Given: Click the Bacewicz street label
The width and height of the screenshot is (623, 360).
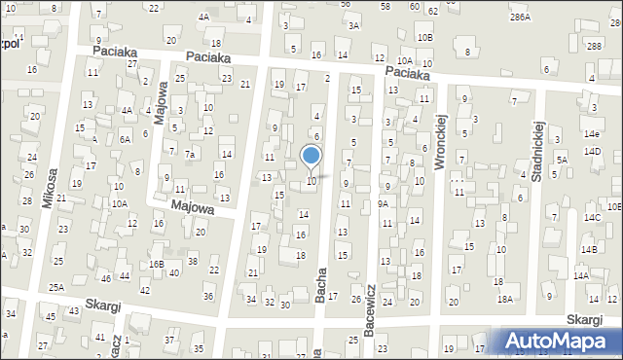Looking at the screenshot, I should [370, 310].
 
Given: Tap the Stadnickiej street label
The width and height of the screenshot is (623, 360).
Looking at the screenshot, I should [536, 150].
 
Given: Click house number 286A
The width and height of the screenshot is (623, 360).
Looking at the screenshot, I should [520, 18].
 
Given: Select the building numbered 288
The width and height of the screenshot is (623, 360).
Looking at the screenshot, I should [594, 47].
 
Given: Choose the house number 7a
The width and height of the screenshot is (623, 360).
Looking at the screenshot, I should [192, 154].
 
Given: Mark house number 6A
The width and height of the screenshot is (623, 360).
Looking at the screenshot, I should [125, 139].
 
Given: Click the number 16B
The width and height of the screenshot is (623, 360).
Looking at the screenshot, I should [156, 264].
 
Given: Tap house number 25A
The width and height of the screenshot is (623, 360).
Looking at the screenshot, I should [57, 287].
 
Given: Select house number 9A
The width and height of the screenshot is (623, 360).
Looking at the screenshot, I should [384, 203].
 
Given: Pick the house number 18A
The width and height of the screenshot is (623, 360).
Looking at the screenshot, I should [504, 300].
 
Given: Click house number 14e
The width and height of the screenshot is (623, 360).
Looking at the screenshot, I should [592, 133].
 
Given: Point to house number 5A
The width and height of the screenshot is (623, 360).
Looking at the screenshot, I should [561, 160].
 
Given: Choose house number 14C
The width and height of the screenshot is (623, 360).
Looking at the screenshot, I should [592, 217].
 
